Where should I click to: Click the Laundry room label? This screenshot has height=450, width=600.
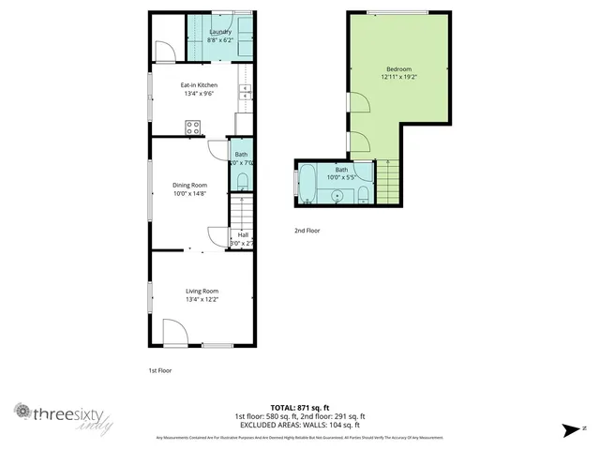220,32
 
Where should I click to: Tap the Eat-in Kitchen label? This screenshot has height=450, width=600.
199,84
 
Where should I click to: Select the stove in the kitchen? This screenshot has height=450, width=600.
193,127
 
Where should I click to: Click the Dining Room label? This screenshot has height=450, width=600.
189,185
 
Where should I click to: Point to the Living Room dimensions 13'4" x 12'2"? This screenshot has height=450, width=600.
202,299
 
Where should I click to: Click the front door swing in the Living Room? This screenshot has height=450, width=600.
174,333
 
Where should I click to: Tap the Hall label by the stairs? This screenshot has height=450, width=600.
242,234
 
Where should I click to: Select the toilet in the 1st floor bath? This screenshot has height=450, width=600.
241,181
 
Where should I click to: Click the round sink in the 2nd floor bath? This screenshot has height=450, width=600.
337,194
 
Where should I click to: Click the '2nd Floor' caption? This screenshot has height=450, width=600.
307,230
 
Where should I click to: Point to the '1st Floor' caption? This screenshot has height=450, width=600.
160,370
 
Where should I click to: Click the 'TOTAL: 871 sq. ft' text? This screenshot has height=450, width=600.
299,408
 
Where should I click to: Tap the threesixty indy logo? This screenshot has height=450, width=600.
63,417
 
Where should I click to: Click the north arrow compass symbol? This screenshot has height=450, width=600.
570,430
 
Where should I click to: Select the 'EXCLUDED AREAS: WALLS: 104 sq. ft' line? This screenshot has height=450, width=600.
299,424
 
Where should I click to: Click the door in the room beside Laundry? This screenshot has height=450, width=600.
162,50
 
